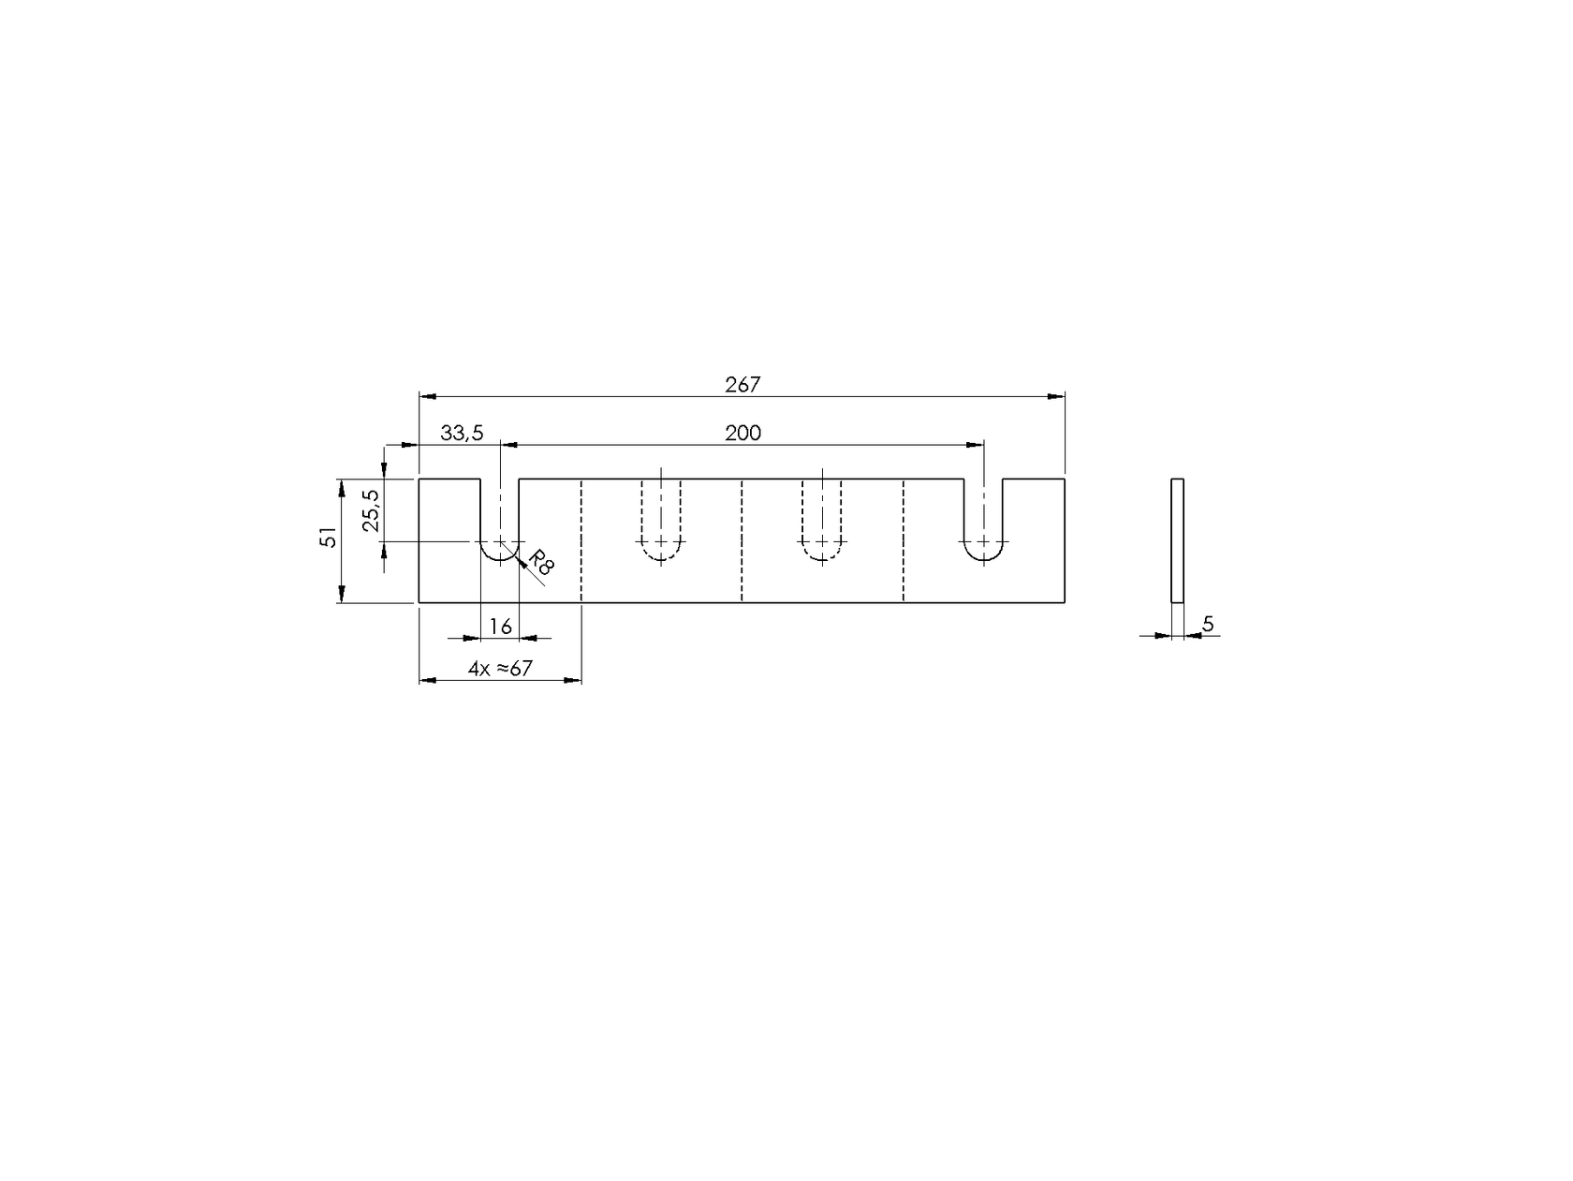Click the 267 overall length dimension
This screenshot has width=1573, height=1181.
(742, 384)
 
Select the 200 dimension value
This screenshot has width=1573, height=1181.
(742, 433)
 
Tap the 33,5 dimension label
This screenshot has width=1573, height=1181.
(462, 433)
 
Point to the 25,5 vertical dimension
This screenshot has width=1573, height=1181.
(371, 510)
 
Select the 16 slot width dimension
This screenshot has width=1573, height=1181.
(501, 627)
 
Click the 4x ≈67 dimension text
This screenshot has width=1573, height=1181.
(500, 669)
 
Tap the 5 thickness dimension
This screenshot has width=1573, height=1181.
(1208, 624)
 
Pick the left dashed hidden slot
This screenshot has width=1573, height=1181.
(661, 524)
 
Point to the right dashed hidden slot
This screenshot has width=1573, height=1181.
(822, 524)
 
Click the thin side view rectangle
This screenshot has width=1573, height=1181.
(1178, 540)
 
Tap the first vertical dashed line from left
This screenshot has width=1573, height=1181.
(581, 540)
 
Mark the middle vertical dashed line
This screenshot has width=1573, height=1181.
(742, 540)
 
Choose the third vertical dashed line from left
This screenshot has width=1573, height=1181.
(904, 540)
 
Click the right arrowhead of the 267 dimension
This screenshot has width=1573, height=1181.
(1057, 396)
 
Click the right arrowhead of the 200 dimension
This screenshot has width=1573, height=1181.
(976, 445)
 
